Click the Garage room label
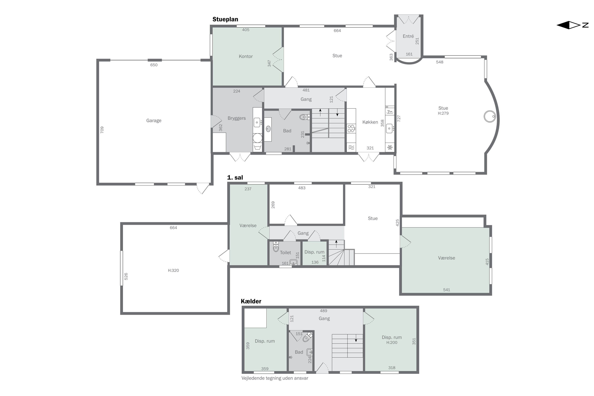click(154, 120)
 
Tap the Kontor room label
click(246, 56)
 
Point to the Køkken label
click(370, 122)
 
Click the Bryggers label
click(237, 118)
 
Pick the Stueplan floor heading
click(225, 19)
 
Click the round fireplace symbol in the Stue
click(490, 117)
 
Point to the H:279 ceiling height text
click(443, 113)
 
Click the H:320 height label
click(173, 270)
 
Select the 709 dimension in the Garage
click(102, 130)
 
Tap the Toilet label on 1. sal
click(285, 253)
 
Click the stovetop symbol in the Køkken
click(351, 129)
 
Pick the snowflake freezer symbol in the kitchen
click(390, 147)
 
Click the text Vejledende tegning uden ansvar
click(275, 378)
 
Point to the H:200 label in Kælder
click(392, 343)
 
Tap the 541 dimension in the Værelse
click(446, 290)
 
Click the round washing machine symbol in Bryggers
click(257, 138)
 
